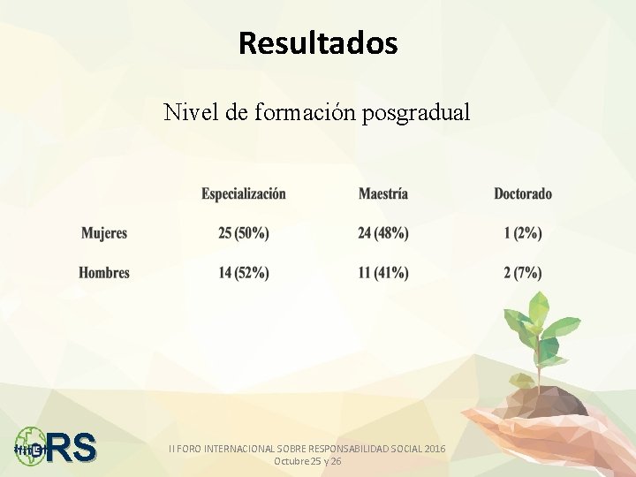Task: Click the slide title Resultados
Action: tap(318, 42)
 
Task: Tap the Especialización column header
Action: tap(244, 193)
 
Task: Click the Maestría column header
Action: tap(383, 193)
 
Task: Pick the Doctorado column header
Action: tap(523, 193)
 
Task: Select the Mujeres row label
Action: tap(104, 233)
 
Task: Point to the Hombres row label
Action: tap(104, 273)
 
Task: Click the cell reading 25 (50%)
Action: tap(244, 233)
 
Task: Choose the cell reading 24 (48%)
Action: tap(383, 233)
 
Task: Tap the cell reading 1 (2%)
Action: tap(523, 233)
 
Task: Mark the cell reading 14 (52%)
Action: tap(244, 273)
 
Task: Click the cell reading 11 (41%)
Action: tap(383, 273)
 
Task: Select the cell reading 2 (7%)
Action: tap(523, 273)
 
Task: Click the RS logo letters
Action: tap(72, 447)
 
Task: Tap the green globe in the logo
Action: tap(30, 445)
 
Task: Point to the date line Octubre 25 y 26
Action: tap(307, 461)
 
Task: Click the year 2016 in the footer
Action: tap(435, 449)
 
